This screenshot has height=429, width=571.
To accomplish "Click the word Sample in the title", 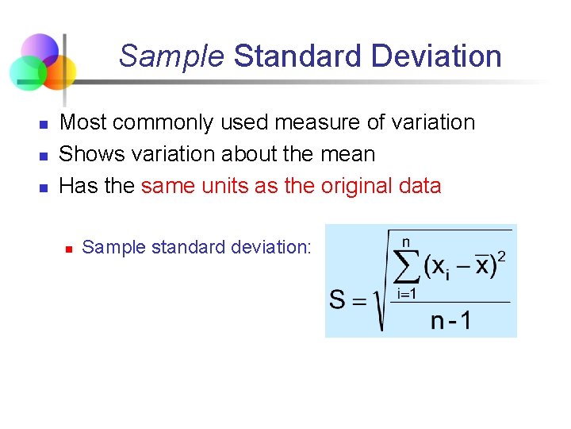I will point(171,56).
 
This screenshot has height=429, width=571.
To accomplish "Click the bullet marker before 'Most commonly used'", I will point(44,125).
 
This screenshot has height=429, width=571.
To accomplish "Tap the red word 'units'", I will point(224,186).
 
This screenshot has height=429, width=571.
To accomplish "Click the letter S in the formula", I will point(337,300).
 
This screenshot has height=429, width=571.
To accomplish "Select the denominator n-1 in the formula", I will point(450,320).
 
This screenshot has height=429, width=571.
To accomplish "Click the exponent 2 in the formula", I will point(502,256).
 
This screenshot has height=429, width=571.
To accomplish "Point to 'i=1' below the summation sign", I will point(407,293).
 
